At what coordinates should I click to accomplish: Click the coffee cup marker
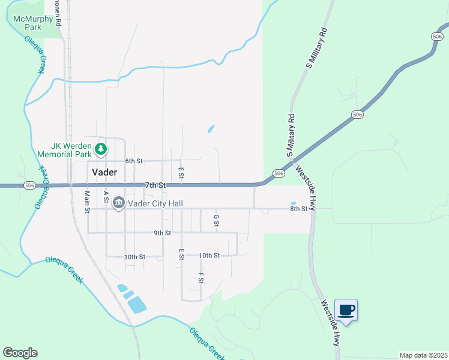click(x=346, y=310)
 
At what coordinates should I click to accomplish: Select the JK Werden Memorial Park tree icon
click(x=102, y=148)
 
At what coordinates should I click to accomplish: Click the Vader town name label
click(x=104, y=172)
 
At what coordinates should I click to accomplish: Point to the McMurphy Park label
click(x=32, y=23)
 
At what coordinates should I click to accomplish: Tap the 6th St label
click(x=134, y=161)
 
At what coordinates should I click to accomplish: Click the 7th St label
click(x=155, y=185)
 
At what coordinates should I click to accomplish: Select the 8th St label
click(x=298, y=209)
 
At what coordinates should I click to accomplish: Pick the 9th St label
click(x=162, y=233)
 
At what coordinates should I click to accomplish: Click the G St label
click(x=217, y=220)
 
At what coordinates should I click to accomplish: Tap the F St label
click(x=200, y=278)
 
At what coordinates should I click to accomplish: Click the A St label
click(x=106, y=196)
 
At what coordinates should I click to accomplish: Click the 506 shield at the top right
click(x=437, y=37)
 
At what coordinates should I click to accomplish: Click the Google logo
click(x=20, y=353)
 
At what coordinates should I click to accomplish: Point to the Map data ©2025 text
click(x=423, y=355)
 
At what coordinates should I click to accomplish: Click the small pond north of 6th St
click(x=211, y=128)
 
